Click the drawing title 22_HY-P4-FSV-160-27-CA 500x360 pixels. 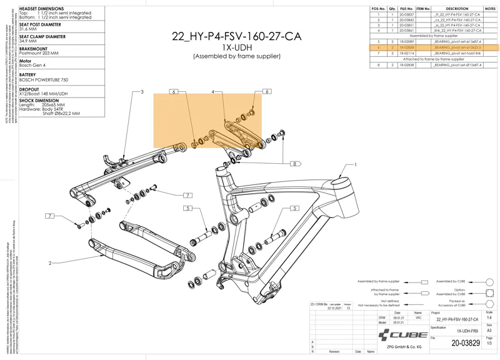(236, 36)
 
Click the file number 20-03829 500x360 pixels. (466, 343)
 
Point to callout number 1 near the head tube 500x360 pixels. (356, 165)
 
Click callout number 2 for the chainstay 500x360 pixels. (50, 263)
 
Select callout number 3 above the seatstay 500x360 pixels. (142, 92)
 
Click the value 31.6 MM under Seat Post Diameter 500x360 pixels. (28, 29)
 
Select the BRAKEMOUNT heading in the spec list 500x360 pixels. (33, 49)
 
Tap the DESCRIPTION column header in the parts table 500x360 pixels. (457, 9)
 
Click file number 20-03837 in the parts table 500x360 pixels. (406, 14)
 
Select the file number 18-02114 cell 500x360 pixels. (406, 53)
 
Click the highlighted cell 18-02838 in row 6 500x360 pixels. (406, 47)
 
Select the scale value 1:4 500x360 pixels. (489, 317)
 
